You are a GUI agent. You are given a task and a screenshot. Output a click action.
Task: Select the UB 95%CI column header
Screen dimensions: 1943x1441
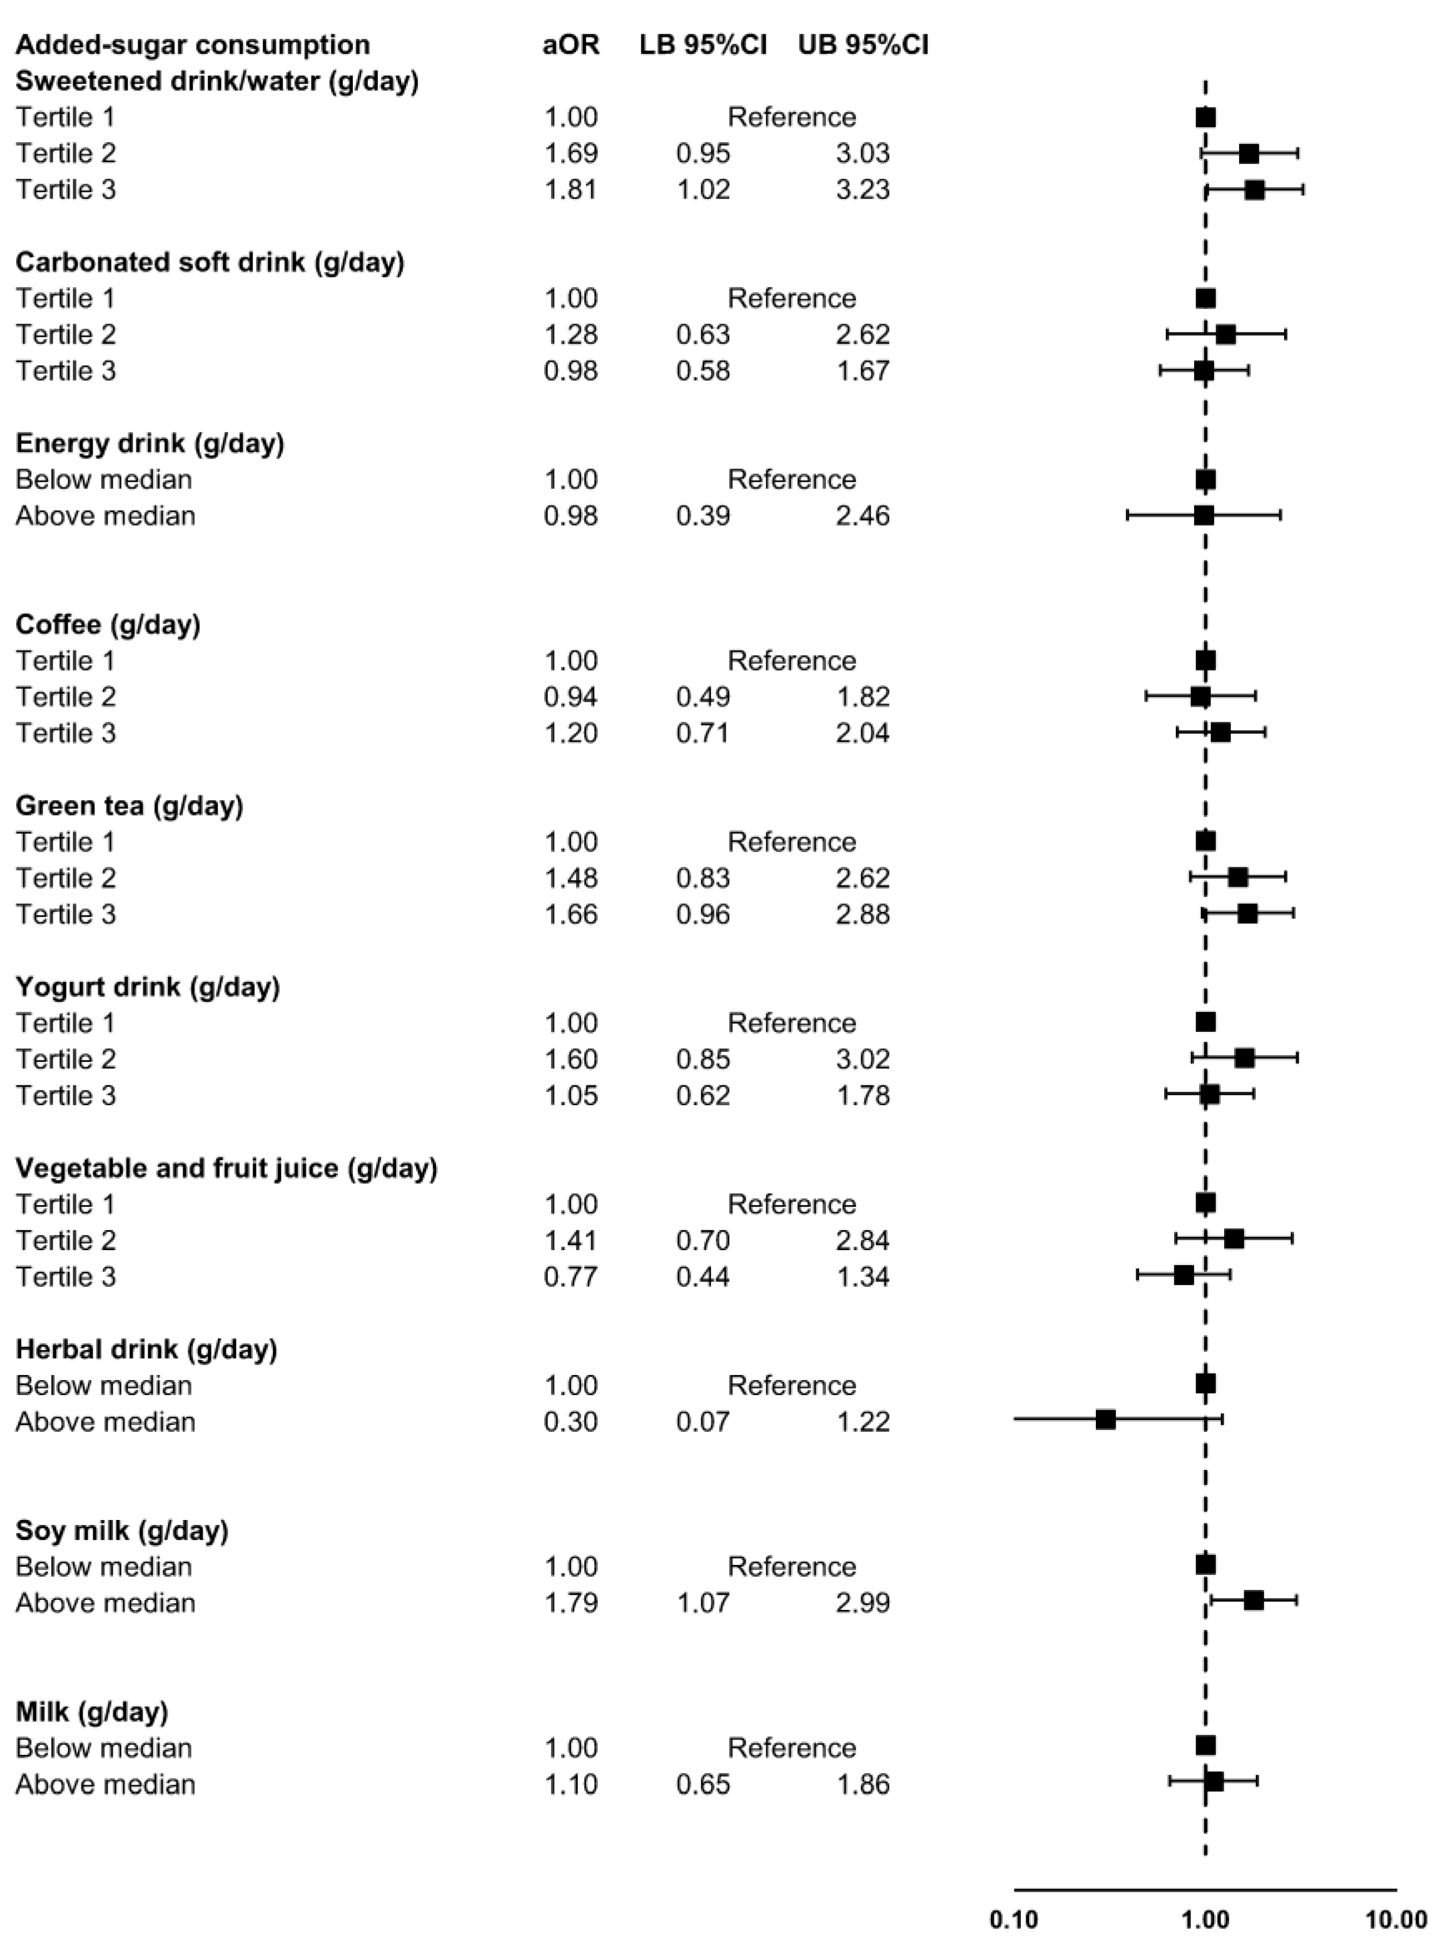click(x=863, y=44)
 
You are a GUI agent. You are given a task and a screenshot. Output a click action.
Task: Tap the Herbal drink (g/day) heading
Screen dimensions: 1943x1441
click(x=146, y=1349)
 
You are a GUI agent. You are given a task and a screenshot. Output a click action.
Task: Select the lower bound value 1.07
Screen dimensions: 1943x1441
click(x=703, y=1603)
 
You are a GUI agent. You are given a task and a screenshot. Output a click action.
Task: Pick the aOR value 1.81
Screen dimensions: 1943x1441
click(x=570, y=189)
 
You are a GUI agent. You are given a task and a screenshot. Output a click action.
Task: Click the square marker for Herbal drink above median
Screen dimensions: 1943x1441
click(x=1105, y=1420)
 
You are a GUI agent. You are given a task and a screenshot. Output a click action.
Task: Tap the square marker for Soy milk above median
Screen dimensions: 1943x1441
click(x=1253, y=1600)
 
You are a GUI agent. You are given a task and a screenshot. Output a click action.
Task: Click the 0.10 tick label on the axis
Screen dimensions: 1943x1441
click(x=1014, y=1920)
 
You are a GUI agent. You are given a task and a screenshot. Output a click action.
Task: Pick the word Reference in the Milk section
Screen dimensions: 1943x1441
click(x=792, y=1748)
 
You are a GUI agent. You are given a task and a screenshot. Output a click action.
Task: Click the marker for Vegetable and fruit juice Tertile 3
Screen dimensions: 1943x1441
click(x=1184, y=1275)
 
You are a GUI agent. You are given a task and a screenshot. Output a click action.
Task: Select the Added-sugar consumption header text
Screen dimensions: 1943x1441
click(x=193, y=44)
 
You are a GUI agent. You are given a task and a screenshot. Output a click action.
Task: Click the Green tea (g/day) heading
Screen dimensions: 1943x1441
click(x=129, y=806)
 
